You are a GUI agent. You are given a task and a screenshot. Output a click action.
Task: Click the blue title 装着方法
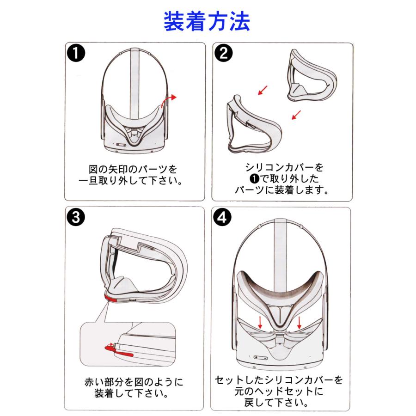click(207, 22)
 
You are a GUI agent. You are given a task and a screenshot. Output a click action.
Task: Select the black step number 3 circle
click(76, 217)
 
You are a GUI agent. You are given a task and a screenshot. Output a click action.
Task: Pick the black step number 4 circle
click(224, 217)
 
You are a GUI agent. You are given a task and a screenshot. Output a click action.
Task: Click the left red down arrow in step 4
click(260, 322)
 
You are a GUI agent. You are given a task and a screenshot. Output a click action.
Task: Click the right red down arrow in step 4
click(300, 322)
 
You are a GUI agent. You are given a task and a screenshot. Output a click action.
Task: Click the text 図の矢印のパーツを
click(134, 168)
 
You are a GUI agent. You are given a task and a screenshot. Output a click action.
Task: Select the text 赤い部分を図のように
click(134, 382)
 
